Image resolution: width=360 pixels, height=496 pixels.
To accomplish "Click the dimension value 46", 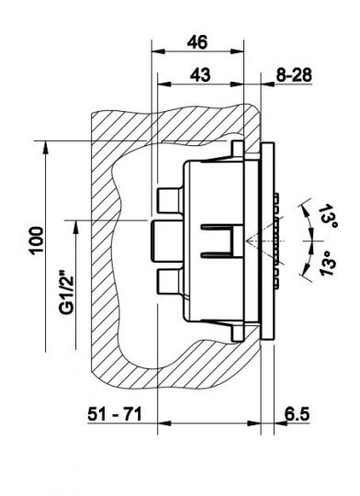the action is pos(197,42).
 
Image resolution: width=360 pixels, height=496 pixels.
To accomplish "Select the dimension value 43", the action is pos(200,75).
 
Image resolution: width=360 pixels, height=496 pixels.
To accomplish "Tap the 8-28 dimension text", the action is pos(294,75).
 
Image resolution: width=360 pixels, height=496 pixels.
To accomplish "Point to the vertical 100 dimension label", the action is pos(37,240).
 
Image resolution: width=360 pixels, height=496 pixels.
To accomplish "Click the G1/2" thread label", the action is pos(67,292).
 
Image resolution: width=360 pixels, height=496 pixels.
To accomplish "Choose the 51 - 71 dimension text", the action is pos(115,413).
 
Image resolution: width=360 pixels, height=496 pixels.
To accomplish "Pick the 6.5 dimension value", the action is pos(297,413).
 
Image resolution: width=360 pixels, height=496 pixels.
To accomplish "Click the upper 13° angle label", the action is pos(328,216).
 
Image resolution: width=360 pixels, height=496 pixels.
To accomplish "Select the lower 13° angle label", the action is pos(328,264).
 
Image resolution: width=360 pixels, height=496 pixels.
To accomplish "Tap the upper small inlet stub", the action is pos(170,200).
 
